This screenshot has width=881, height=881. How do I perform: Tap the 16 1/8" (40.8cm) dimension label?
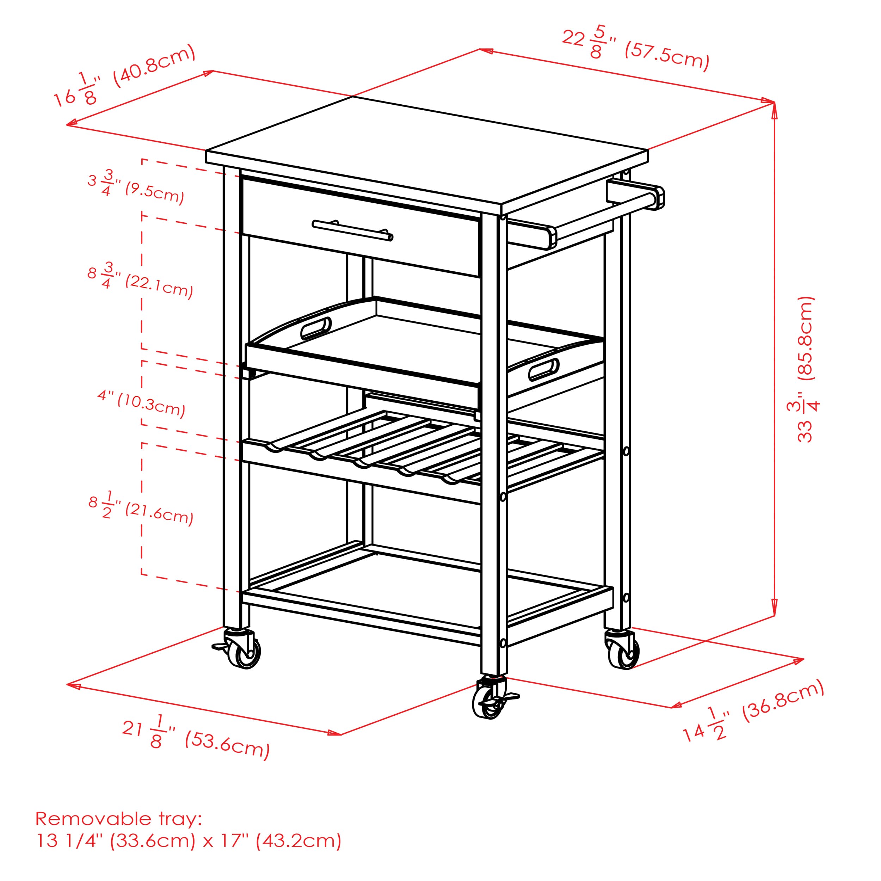(124, 76)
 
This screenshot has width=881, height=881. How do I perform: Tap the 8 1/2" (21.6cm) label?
(141, 507)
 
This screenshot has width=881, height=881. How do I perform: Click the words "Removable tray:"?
(118, 819)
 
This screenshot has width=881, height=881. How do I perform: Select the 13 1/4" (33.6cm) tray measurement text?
(116, 841)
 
